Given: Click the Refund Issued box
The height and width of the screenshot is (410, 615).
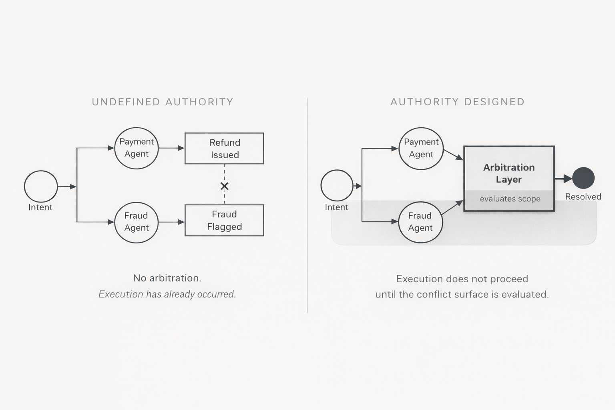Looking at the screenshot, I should click(x=224, y=149).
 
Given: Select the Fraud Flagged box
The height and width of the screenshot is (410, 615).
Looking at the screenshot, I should click(x=224, y=220).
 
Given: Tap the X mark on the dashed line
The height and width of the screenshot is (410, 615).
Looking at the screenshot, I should click(x=225, y=186).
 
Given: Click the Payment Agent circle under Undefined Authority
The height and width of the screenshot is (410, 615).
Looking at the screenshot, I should click(x=137, y=148).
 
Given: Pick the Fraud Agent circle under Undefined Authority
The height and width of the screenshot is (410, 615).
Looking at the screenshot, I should click(x=137, y=222).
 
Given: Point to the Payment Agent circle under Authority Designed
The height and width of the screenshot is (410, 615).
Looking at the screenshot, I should click(x=421, y=149).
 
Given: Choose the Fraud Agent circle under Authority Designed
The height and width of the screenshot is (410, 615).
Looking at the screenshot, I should click(x=420, y=222).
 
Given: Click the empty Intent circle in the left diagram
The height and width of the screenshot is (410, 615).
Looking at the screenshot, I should click(x=41, y=187).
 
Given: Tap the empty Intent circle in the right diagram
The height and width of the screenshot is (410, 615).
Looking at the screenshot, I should click(x=337, y=185).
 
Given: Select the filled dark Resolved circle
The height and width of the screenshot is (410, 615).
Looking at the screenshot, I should click(x=583, y=178).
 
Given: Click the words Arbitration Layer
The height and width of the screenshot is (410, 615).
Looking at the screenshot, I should click(x=509, y=173).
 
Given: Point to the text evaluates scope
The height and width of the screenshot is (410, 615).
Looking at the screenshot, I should click(x=510, y=199).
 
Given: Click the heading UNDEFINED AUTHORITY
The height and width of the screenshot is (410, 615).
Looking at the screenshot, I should click(x=163, y=102).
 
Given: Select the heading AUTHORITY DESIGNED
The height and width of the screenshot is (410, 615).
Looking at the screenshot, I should click(x=457, y=102).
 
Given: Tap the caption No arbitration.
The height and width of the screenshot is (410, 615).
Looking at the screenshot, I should click(x=167, y=278).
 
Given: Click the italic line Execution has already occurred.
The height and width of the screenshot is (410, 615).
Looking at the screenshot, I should click(x=167, y=294).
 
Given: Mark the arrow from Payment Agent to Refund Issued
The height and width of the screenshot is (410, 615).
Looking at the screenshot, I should click(x=171, y=148).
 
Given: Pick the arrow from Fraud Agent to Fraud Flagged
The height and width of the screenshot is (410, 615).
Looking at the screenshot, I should click(x=171, y=222).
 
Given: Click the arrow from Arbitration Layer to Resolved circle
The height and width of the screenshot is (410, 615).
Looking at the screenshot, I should click(x=563, y=179).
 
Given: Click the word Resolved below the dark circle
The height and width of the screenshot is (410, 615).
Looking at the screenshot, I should click(x=583, y=197).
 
